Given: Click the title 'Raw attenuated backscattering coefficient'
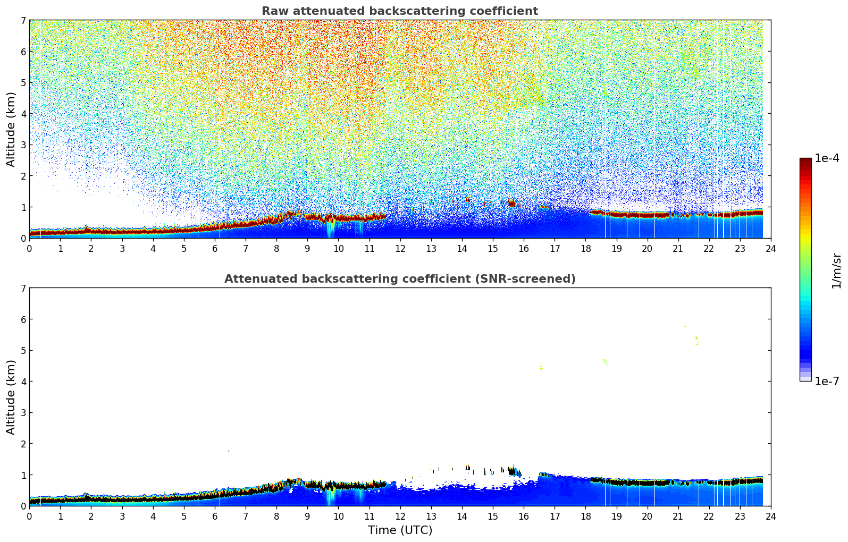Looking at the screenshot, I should pos(399,11).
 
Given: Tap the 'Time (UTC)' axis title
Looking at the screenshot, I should pos(400,530).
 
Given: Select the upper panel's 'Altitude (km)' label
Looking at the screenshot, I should pos(11,129).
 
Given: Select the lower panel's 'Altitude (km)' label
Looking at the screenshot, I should pos(11,397).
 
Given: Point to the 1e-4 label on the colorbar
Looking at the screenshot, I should pos(826,158).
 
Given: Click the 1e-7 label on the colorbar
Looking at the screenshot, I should pos(826,381).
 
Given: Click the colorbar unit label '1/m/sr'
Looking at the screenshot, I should pos(836,270).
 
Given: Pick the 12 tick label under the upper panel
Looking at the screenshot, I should pos(400,248).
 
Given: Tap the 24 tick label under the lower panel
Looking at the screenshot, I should pos(770,516).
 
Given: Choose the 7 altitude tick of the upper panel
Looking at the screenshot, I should pos(23,21).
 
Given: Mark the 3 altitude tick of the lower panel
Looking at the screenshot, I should pos(23,413).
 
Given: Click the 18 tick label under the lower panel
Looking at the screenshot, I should pos(585,516).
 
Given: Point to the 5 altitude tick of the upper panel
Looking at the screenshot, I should pos(23,83).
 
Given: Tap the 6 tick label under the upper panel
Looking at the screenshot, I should pos(215,248).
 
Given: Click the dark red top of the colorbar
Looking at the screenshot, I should pos(805,160).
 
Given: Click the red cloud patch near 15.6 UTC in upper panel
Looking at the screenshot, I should pos(512,202).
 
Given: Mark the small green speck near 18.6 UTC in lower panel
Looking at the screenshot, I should pos(605,361).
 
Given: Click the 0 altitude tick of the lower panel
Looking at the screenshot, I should pos(23,506).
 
